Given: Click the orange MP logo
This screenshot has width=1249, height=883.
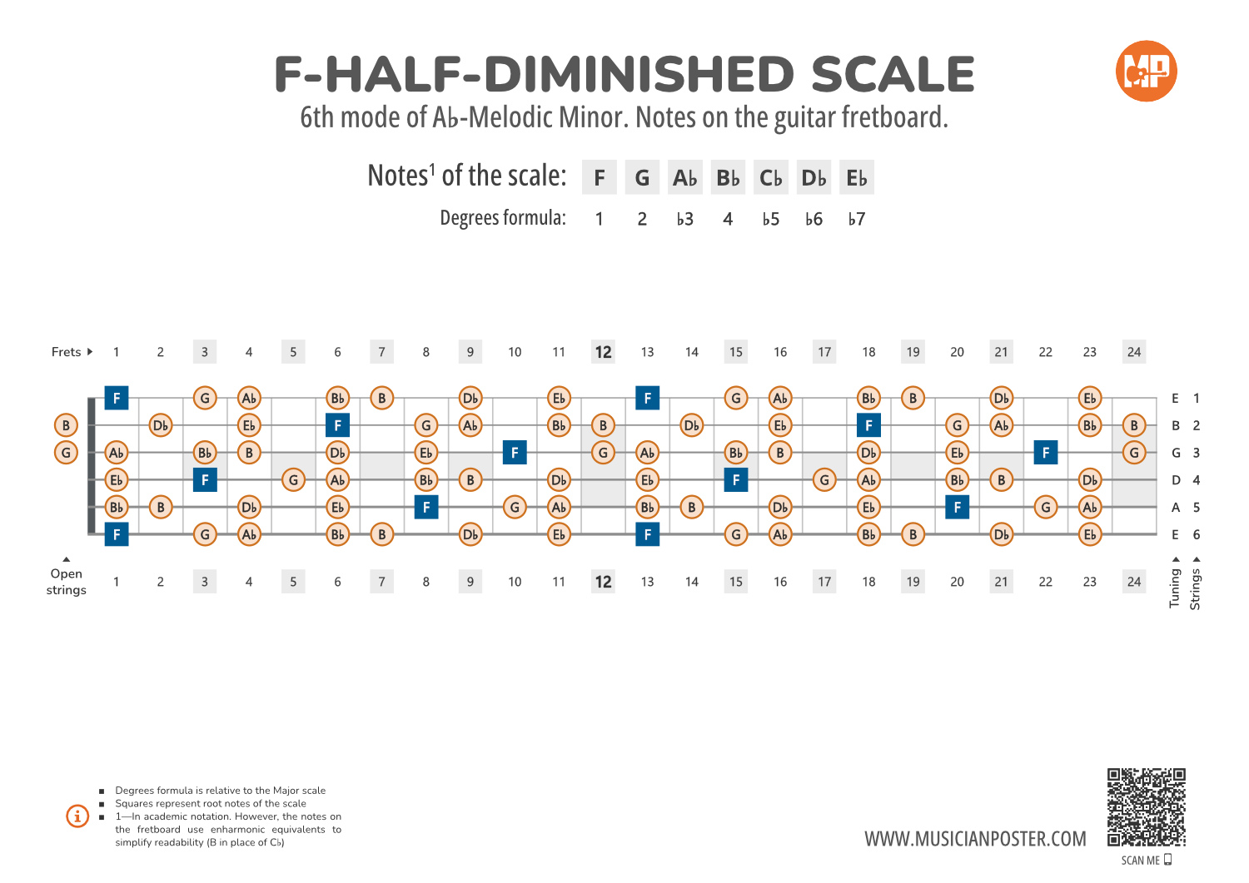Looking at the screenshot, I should pos(1146,72).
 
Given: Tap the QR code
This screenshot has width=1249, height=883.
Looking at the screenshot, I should pos(1146,807).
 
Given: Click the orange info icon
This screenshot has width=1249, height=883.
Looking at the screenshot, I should pos(77,816).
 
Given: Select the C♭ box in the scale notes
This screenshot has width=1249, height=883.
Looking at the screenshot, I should pos(771,178).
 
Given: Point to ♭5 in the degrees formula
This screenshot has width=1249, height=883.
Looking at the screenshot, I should pos(771,219).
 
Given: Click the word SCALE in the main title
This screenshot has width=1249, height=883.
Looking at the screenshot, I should pos(892,75).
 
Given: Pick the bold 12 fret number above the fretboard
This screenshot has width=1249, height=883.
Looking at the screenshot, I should pos(603,352).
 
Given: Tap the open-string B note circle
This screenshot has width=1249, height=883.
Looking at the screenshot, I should pos(66,425).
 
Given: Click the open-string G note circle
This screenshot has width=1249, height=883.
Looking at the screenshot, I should pos(66,453).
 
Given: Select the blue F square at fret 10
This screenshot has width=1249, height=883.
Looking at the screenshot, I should pos(515,453).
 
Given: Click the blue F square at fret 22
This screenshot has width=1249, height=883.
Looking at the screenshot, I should pos(1046,453).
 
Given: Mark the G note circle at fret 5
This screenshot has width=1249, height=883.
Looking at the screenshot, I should pos(293,480).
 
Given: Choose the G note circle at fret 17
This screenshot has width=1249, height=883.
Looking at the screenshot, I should pos(824,480).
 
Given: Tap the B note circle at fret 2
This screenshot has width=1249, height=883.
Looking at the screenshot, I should pos(161,507).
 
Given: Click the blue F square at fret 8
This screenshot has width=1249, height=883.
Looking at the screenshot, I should pos(426,507).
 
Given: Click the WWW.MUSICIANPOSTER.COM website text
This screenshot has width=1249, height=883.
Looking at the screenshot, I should pos(975,839).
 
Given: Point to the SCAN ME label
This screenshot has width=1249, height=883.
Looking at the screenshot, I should pos(1141,861).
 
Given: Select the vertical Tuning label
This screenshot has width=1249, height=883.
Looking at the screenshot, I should pos(1175,588).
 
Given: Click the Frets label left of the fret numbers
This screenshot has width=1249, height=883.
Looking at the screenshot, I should pos(67,352).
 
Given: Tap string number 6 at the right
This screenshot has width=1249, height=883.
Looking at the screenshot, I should pos(1197,534).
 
